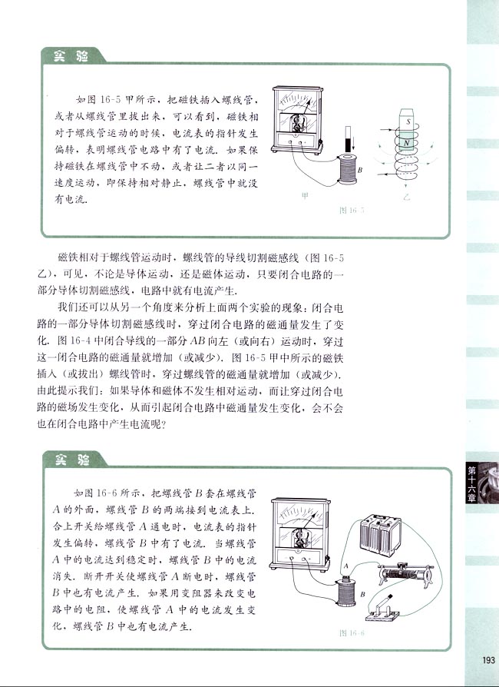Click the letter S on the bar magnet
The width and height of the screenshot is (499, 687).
tap(409, 123)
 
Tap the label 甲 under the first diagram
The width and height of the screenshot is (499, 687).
tap(305, 196)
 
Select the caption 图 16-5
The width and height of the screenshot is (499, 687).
tap(352, 210)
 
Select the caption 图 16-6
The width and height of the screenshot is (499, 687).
tap(352, 633)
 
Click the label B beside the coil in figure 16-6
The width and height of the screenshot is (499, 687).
tap(362, 592)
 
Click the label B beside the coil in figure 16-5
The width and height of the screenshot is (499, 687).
tap(360, 169)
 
